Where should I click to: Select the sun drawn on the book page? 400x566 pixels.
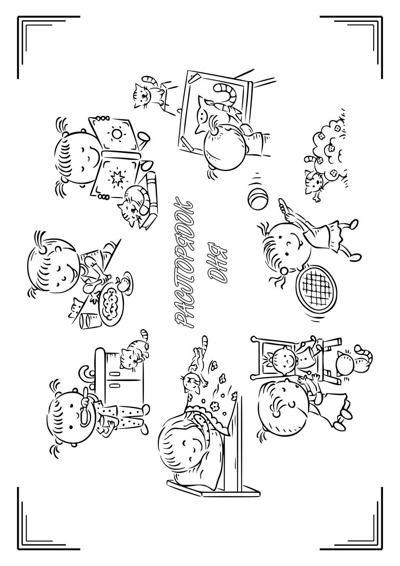[117, 133]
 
